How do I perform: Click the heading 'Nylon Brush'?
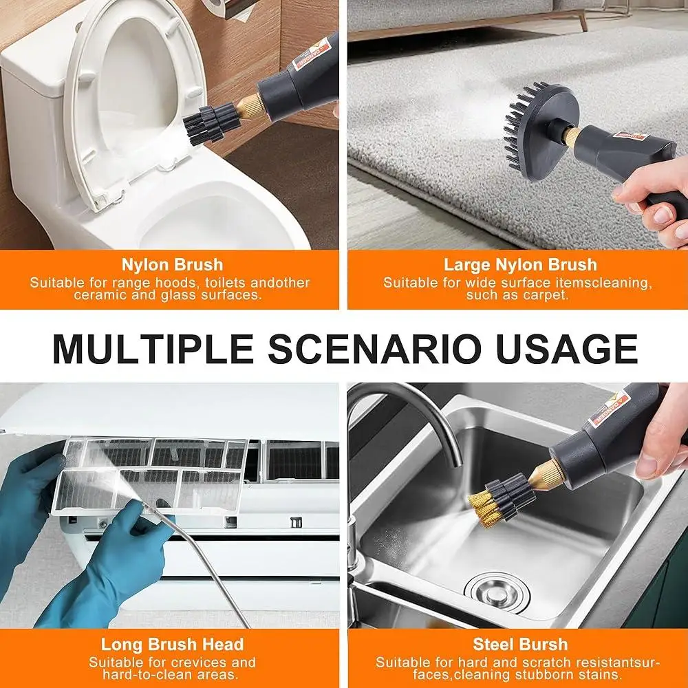tap(172, 265)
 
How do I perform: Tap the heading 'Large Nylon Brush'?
tap(520, 265)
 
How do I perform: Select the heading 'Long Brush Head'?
tap(172, 645)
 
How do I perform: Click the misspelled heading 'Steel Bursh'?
tap(520, 645)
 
